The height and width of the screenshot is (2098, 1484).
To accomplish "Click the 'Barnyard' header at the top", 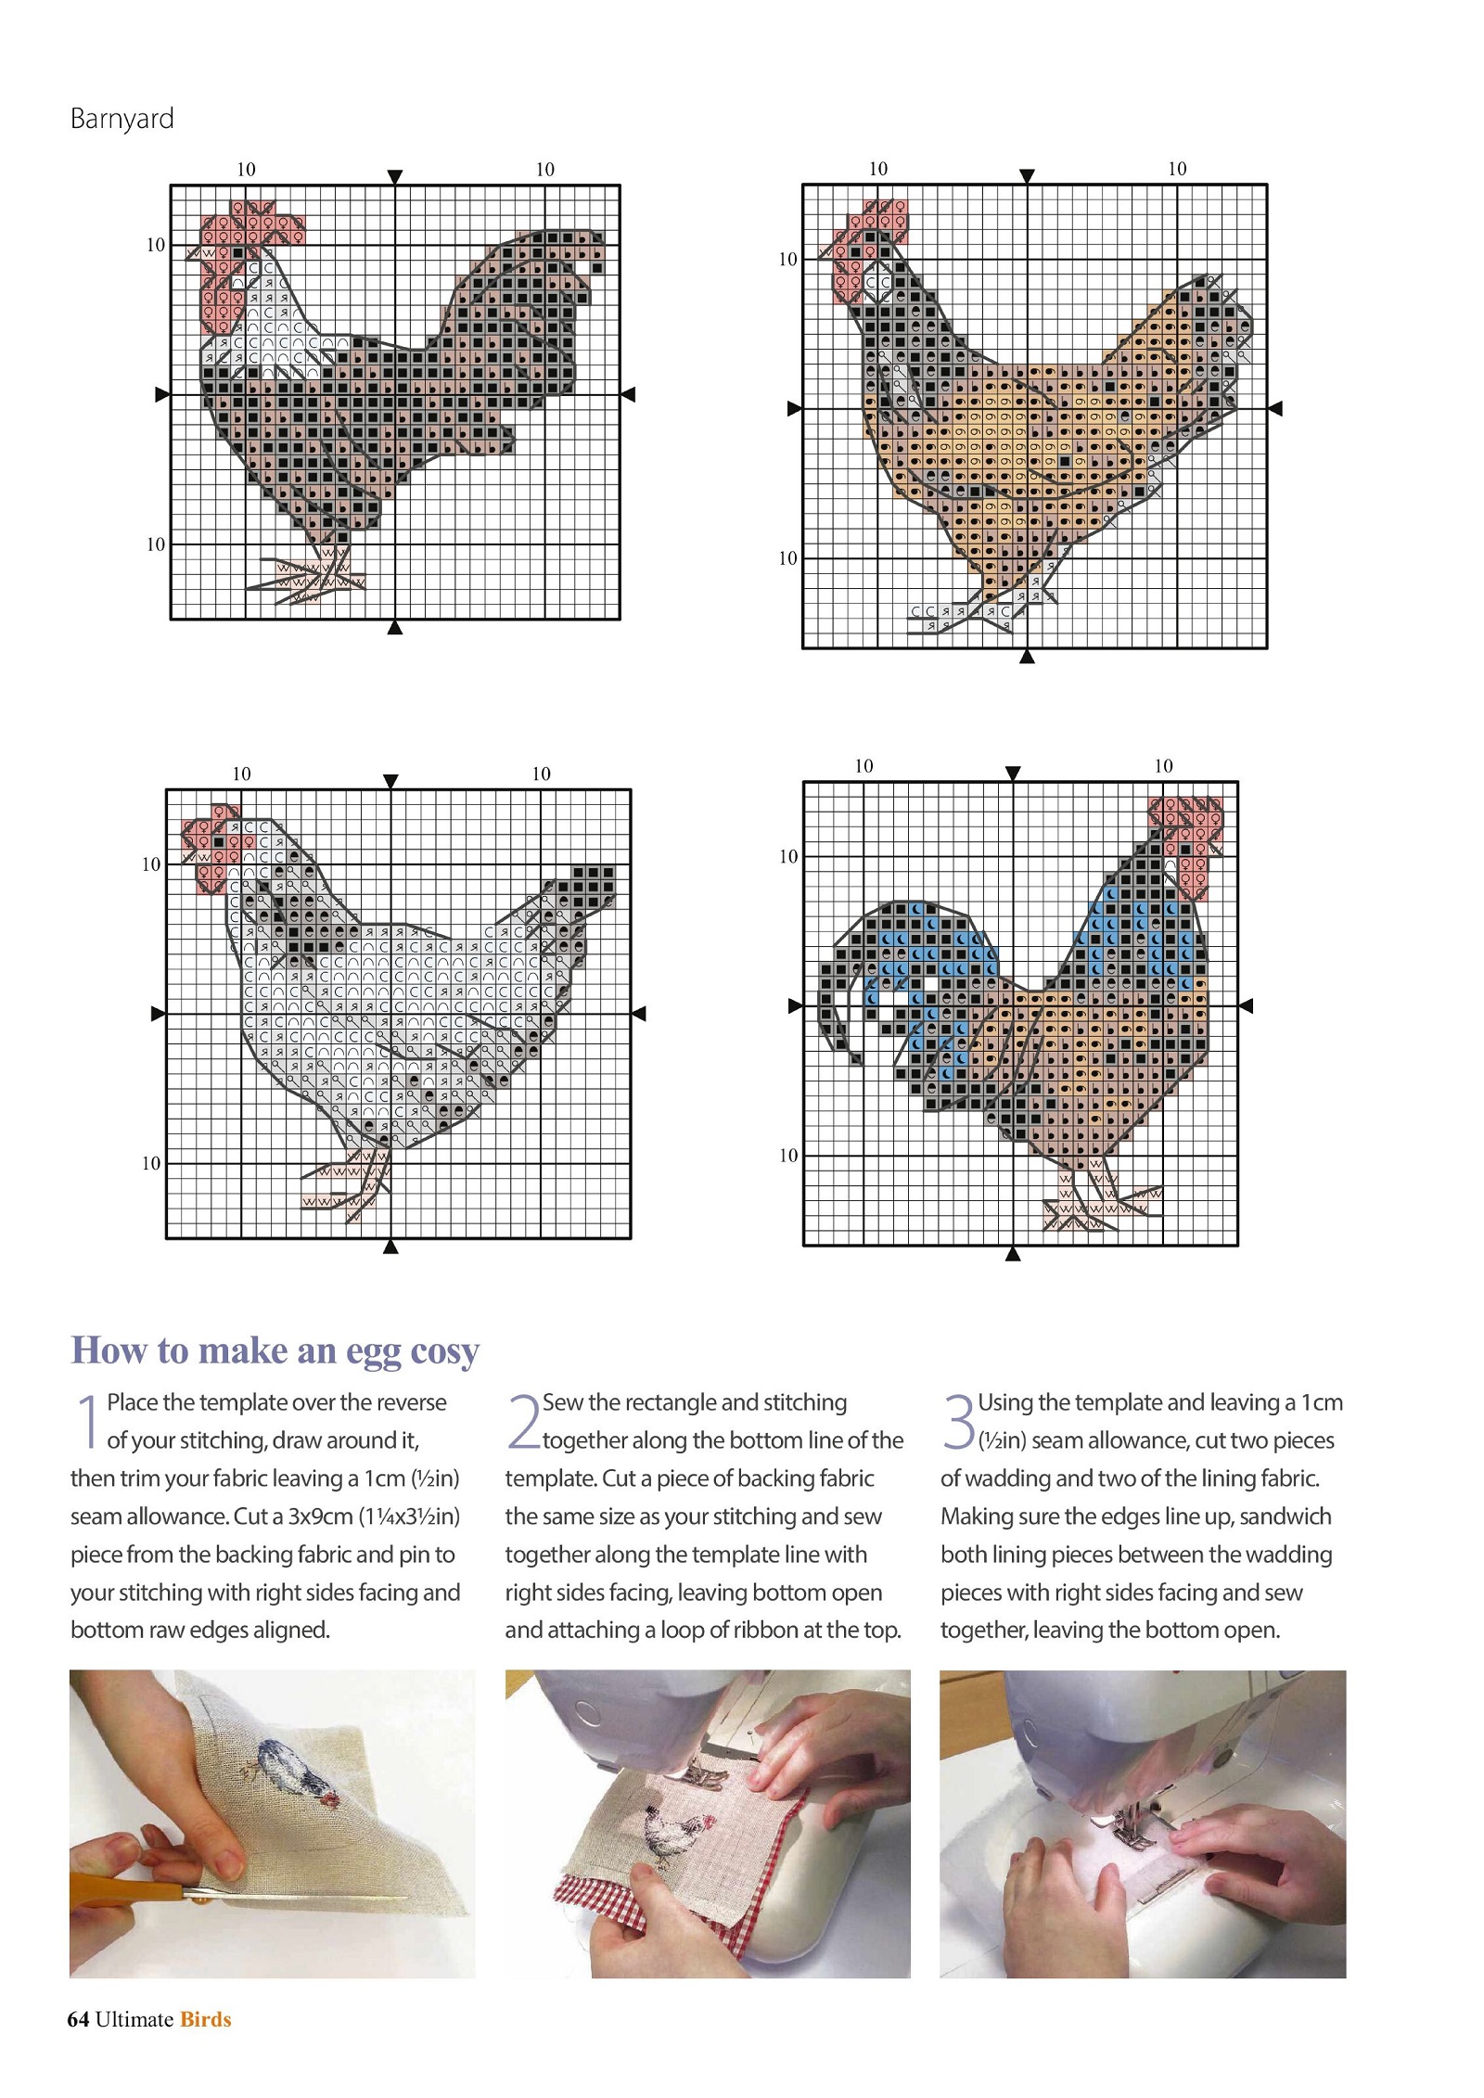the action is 122,120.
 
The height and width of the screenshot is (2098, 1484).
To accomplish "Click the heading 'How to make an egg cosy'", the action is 275,1350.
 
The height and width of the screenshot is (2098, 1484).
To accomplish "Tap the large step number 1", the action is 88,1420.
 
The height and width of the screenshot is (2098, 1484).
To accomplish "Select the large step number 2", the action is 523,1420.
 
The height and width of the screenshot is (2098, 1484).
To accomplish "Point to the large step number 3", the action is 959,1420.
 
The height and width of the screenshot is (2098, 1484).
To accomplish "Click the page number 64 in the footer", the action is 78,2019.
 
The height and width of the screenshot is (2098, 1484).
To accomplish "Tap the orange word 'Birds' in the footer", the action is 205,2019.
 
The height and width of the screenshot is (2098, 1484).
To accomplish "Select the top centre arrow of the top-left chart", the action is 395,176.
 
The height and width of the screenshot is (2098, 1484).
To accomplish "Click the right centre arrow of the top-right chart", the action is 1275,408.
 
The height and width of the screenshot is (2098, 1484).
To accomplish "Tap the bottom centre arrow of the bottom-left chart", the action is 390,1247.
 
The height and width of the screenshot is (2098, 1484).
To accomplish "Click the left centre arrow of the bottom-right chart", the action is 795,1005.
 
